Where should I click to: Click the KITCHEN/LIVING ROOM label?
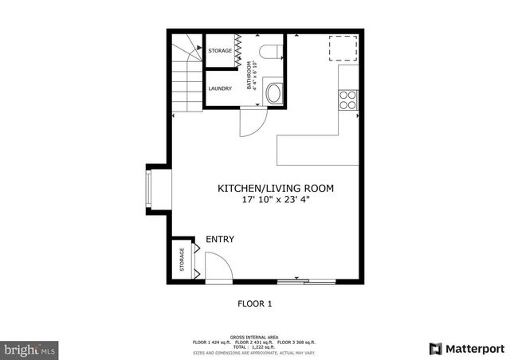coord(276,189)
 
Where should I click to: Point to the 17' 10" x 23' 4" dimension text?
coord(276,201)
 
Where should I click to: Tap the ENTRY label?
coord(219,239)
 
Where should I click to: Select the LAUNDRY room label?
coord(220,88)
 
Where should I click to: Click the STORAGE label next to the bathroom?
coord(220,51)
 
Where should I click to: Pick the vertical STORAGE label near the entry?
coord(182,260)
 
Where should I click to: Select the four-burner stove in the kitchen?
coord(348,99)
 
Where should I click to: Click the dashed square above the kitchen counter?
coord(343,47)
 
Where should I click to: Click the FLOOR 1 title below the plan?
coord(255,303)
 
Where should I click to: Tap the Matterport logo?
coord(467,348)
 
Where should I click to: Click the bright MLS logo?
coord(29,349)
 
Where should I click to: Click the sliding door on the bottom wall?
coord(307,280)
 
